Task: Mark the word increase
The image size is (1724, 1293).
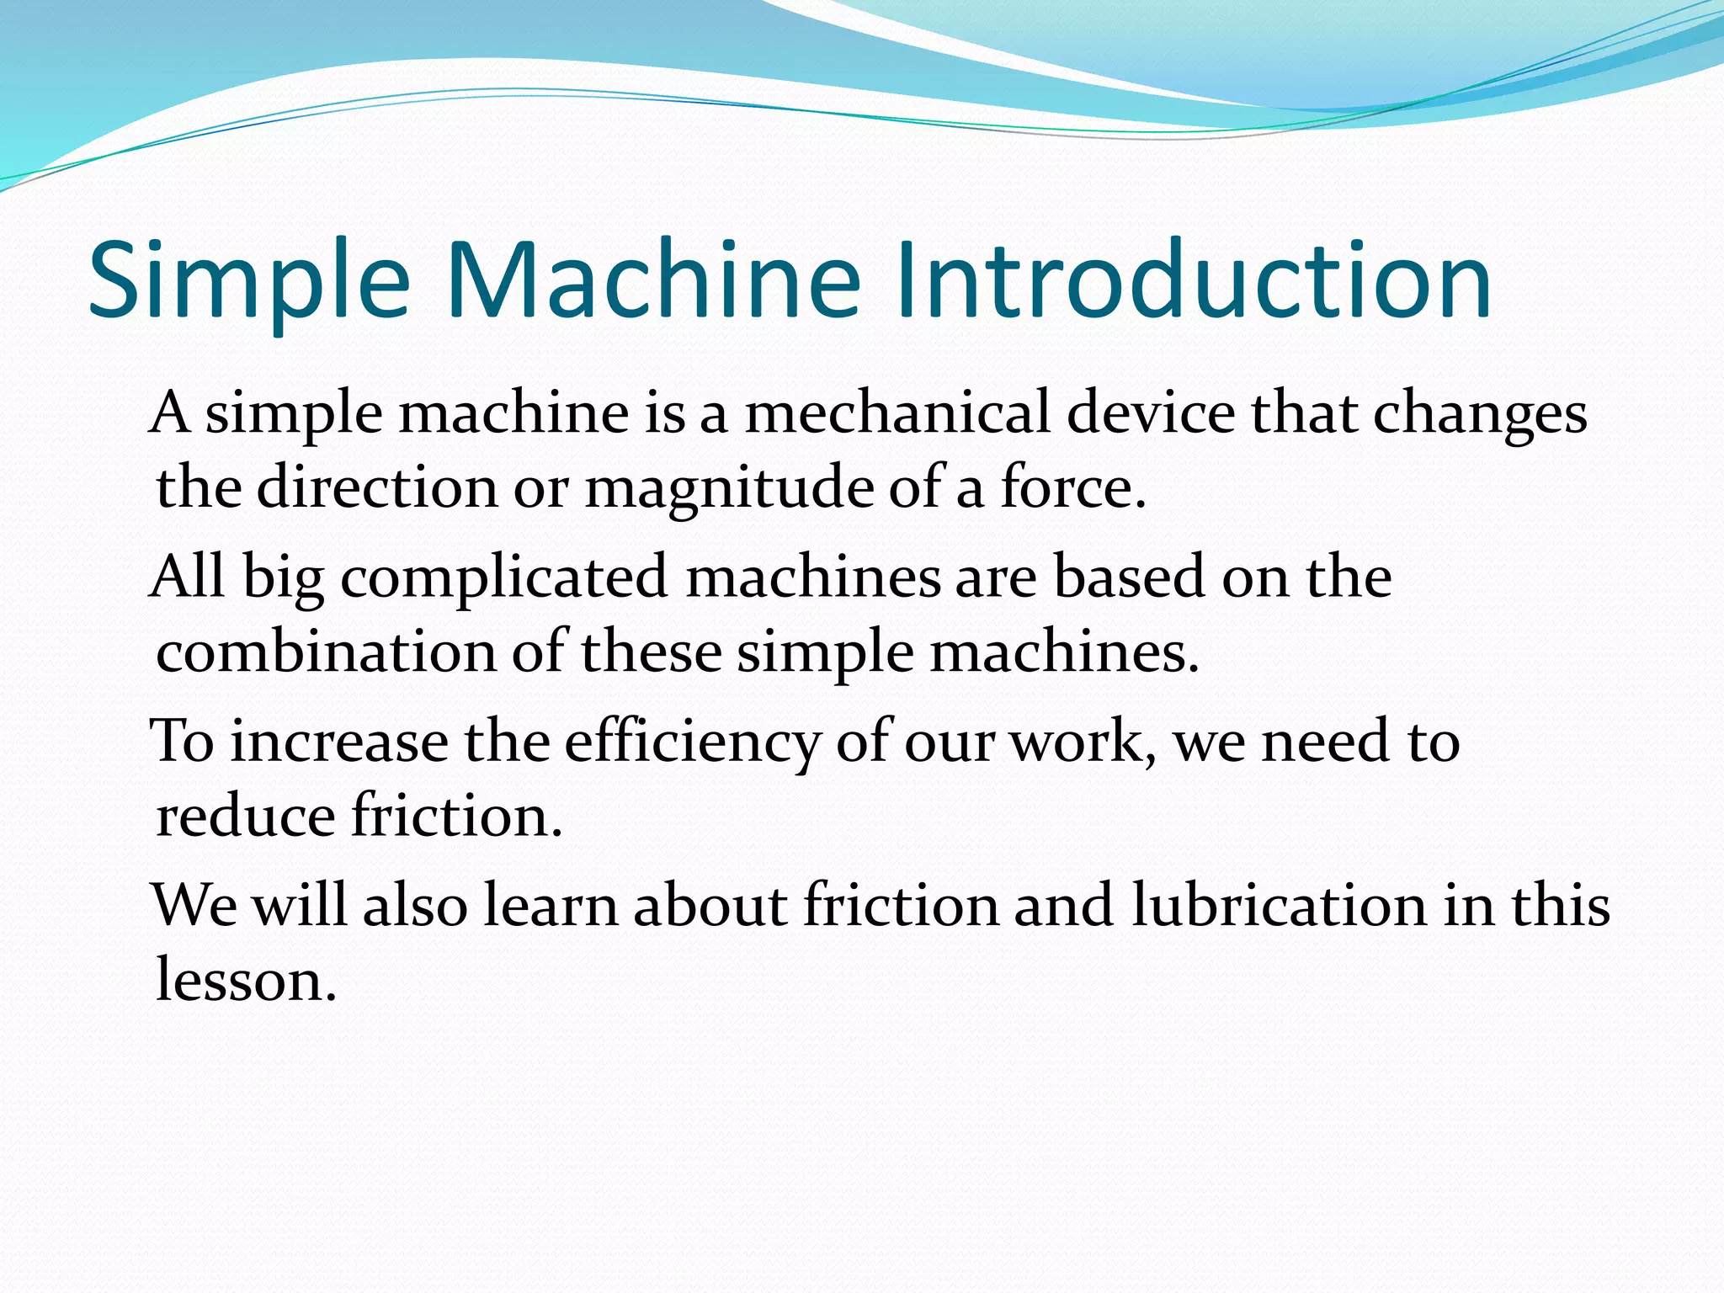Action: point(340,742)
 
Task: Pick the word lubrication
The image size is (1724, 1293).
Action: point(1279,905)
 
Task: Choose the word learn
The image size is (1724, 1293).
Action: point(551,905)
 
